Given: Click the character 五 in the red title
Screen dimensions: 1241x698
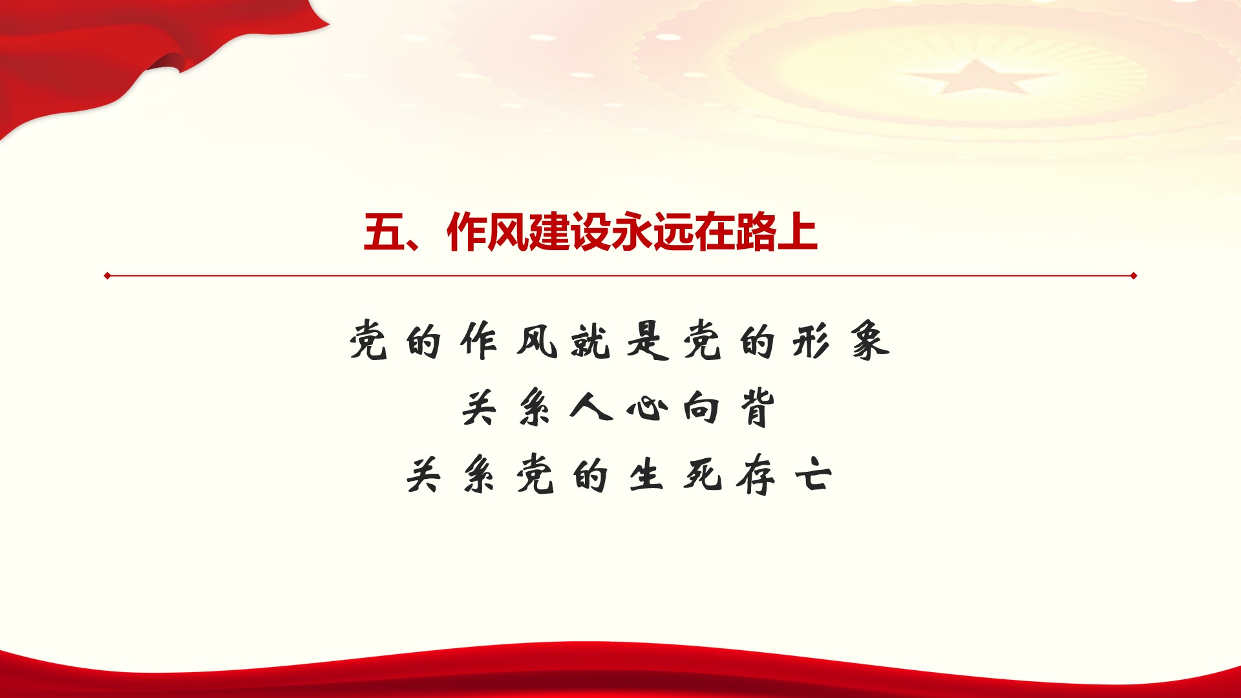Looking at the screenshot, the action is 384,232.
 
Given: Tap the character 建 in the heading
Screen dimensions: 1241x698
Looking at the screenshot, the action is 549,232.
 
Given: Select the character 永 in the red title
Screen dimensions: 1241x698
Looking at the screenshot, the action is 631,232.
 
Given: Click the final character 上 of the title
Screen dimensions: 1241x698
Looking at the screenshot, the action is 797,232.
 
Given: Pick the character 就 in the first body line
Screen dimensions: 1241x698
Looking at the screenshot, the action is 590,341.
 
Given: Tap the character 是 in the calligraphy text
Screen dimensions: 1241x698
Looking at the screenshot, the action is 647,341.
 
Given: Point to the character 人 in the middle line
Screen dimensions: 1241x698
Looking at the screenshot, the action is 591,408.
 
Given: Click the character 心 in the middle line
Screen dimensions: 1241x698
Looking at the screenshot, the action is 647,408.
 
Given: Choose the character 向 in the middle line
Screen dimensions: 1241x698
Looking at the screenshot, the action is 702,408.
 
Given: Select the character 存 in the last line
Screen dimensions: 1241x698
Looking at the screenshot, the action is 757,476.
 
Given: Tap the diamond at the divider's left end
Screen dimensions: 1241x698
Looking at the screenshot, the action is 107,276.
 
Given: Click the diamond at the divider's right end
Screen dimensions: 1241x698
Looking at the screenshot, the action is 1134,276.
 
